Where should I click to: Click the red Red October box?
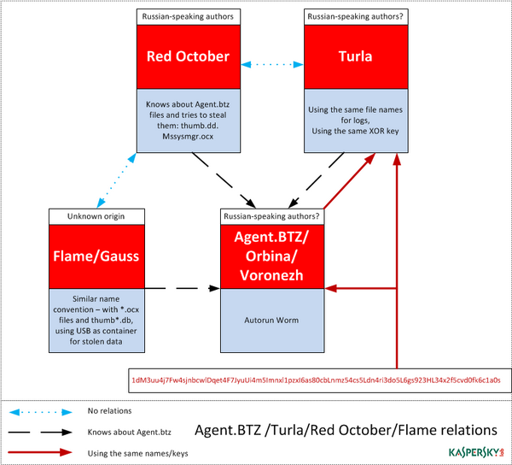(x=189, y=57)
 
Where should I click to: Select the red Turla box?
(x=356, y=57)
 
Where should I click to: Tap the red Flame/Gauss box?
(x=96, y=256)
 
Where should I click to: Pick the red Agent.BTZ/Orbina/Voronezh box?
(x=272, y=256)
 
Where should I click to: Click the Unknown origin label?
(x=96, y=216)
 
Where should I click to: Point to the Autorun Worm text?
(x=271, y=321)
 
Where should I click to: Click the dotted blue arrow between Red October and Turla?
(x=272, y=64)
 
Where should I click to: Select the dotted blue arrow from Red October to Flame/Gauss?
(x=116, y=180)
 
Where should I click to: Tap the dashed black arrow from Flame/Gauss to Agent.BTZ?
(x=183, y=288)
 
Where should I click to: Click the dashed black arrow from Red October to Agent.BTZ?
(x=224, y=180)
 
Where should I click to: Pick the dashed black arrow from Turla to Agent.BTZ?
(x=316, y=180)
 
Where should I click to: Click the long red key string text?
(x=316, y=380)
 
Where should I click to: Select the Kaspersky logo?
(x=476, y=452)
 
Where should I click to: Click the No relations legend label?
(x=109, y=410)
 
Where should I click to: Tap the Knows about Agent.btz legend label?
(x=130, y=433)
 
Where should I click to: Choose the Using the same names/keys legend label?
(x=137, y=454)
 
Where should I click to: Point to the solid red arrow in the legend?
(x=40, y=453)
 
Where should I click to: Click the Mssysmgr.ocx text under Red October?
(x=188, y=137)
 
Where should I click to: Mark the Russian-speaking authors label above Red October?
(x=188, y=16)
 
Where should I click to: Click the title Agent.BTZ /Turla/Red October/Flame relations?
(x=346, y=430)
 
